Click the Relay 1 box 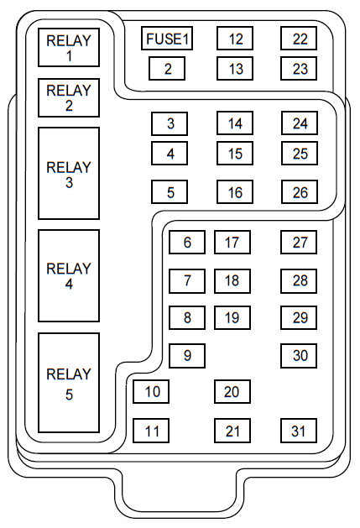[69, 48]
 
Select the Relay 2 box [69, 98]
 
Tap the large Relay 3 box [69, 174]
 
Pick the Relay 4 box [69, 276]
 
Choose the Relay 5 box [69, 383]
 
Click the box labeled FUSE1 [167, 39]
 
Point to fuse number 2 [167, 69]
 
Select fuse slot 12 [235, 39]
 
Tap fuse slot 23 [299, 69]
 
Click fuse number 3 [170, 123]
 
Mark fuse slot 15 [235, 154]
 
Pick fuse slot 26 [300, 192]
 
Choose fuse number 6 [187, 242]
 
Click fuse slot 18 [232, 281]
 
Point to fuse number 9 [187, 356]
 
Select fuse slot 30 [299, 356]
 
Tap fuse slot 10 [151, 392]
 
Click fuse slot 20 [232, 392]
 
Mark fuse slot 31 [299, 431]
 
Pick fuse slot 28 [299, 281]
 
